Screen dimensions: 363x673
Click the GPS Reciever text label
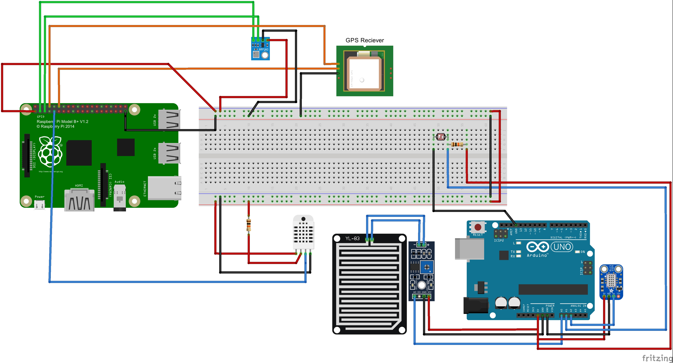point(365,40)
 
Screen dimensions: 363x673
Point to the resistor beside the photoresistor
point(457,144)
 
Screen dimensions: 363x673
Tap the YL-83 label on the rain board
point(352,238)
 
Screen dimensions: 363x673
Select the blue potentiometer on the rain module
point(427,267)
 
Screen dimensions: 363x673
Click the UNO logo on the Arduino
point(562,247)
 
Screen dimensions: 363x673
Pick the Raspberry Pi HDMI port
point(79,200)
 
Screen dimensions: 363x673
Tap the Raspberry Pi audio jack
point(120,198)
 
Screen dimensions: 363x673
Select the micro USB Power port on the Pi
point(40,205)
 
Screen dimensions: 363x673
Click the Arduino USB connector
point(469,249)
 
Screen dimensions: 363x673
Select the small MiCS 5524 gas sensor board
point(611,281)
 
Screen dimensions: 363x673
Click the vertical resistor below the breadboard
point(248,225)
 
